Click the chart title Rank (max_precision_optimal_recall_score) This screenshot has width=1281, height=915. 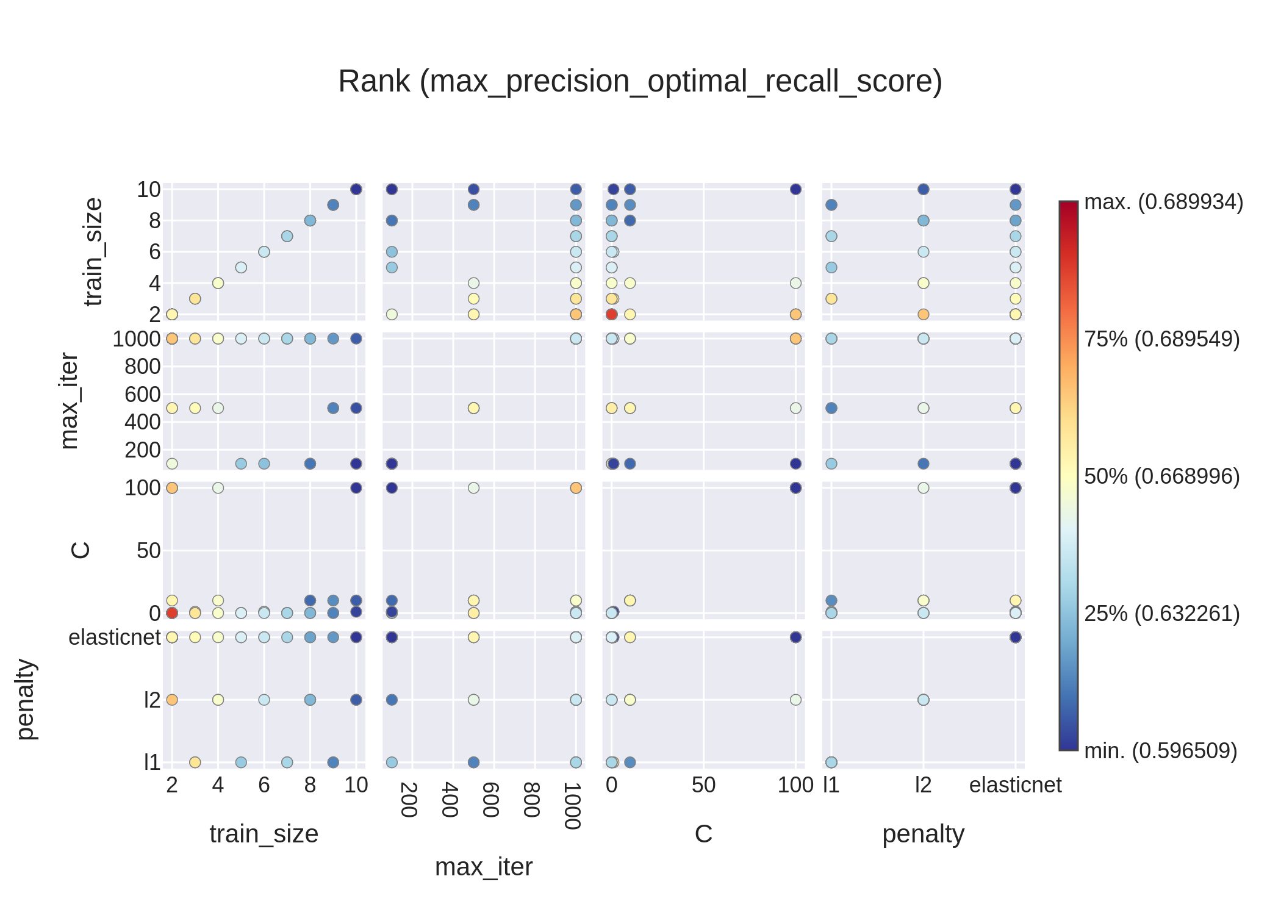pyautogui.click(x=640, y=81)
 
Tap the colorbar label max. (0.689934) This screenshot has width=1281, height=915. pyautogui.click(x=1163, y=202)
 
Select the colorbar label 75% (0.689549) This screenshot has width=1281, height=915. pyautogui.click(x=1161, y=339)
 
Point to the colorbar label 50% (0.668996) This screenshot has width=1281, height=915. pyautogui.click(x=1161, y=476)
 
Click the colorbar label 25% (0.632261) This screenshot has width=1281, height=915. pyautogui.click(x=1161, y=614)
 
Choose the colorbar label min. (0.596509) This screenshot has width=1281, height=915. pyautogui.click(x=1160, y=751)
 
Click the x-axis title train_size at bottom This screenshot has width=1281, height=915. pyautogui.click(x=264, y=834)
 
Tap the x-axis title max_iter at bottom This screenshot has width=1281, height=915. pyautogui.click(x=483, y=867)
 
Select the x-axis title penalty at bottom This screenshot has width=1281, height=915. pyautogui.click(x=923, y=834)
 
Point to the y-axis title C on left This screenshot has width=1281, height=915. pyautogui.click(x=81, y=550)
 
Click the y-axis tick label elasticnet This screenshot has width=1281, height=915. pyautogui.click(x=114, y=637)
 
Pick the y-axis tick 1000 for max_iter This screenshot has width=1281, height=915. pyautogui.click(x=136, y=339)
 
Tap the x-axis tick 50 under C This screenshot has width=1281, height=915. pyautogui.click(x=703, y=785)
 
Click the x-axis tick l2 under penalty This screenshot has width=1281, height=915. pyautogui.click(x=923, y=785)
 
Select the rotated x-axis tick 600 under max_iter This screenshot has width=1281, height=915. pyautogui.click(x=490, y=800)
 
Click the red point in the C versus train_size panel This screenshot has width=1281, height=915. pyautogui.click(x=172, y=612)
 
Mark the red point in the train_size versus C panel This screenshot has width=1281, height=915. pyautogui.click(x=612, y=314)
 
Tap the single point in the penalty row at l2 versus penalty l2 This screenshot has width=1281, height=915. pyautogui.click(x=923, y=700)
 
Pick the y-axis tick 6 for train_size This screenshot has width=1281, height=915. pyautogui.click(x=154, y=252)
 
